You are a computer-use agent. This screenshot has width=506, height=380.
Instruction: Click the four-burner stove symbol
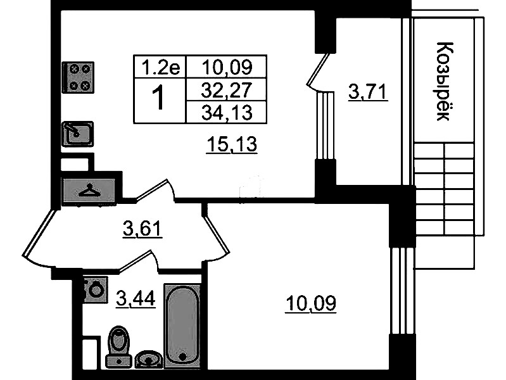78,77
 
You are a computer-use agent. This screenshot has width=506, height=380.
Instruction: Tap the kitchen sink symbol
78,134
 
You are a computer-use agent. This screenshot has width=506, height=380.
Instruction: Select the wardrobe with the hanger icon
89,190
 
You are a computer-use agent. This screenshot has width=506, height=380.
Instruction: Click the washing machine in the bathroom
95,289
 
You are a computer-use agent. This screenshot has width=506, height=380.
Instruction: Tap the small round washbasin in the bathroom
149,359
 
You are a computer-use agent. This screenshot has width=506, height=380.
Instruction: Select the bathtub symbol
182,326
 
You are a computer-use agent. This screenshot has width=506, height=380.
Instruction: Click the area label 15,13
232,144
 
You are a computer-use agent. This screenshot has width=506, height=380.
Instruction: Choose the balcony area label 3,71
367,92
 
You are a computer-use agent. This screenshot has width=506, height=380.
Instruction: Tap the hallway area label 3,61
142,229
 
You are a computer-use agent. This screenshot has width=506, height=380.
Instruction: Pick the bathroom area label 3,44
136,298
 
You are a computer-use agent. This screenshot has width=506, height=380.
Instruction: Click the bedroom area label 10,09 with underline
311,304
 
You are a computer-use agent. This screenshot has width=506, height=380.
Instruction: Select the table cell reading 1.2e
160,67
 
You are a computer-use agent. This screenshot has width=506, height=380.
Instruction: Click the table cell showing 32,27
226,89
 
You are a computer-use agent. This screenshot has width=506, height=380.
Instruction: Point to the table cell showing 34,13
226,112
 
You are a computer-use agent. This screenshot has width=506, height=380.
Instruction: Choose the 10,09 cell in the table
226,67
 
